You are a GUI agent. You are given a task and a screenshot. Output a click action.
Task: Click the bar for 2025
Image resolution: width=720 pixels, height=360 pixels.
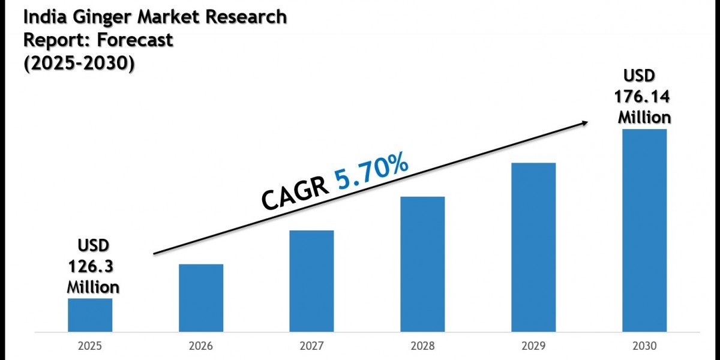[90, 315]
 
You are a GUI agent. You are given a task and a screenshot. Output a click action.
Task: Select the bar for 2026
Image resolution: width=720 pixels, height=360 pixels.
[201, 298]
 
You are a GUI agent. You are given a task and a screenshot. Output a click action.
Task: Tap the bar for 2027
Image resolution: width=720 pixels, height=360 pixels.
[311, 281]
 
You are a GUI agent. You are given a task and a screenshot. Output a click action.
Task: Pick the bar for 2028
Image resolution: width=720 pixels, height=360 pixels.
[422, 264]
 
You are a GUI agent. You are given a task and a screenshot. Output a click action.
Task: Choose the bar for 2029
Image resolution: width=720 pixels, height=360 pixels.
[533, 247]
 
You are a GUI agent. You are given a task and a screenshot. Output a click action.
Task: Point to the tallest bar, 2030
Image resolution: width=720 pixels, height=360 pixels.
[644, 230]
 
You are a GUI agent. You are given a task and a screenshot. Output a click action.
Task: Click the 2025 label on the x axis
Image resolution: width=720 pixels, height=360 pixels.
[90, 346]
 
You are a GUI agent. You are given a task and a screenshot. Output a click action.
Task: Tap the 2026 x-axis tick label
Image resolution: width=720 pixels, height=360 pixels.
[201, 346]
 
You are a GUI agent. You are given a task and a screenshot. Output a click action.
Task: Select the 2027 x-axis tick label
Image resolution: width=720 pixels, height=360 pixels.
[311, 346]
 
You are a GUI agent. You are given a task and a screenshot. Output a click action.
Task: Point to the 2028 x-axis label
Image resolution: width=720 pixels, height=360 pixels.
[422, 346]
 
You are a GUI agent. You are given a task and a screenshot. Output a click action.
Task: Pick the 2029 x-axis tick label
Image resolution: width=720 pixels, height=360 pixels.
[533, 346]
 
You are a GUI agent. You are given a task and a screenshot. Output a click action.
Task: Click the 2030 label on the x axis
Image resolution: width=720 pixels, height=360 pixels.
[644, 346]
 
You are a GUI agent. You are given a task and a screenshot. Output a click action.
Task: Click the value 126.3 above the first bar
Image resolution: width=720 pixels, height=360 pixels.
[93, 266]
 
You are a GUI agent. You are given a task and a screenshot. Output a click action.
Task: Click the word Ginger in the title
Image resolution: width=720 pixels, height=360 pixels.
[101, 17]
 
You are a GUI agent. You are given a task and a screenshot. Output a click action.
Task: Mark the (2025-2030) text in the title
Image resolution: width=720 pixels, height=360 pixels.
[79, 62]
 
